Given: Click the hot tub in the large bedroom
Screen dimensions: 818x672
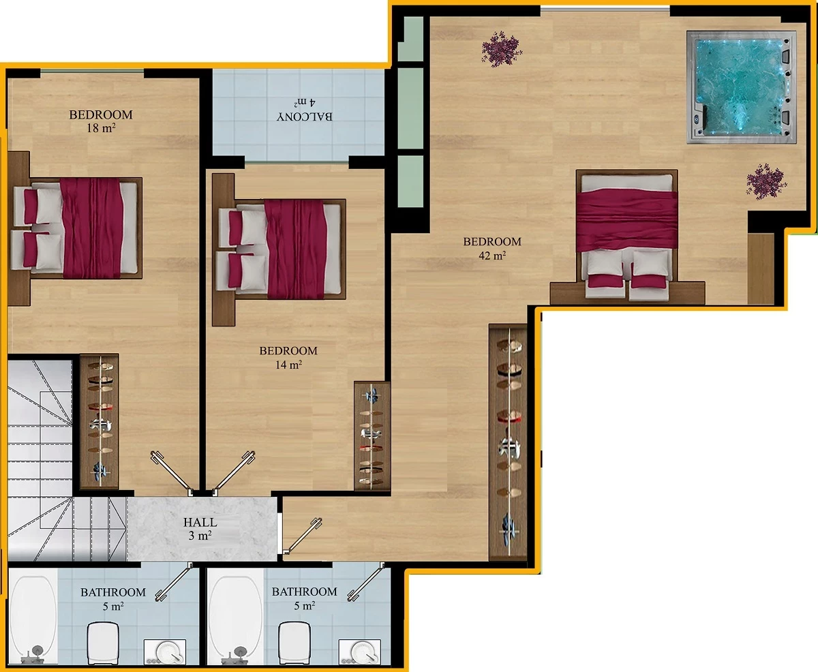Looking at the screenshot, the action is (x=741, y=87).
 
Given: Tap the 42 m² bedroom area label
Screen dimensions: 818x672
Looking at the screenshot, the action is (x=492, y=249).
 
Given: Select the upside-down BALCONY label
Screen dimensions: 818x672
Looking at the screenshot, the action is (x=305, y=117).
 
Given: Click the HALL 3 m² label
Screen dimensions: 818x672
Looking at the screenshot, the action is (x=200, y=529).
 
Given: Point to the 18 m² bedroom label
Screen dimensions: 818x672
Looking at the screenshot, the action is (x=101, y=121).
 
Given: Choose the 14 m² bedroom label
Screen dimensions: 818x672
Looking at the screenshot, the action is (x=288, y=358).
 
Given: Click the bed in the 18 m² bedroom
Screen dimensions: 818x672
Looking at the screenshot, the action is (x=76, y=228).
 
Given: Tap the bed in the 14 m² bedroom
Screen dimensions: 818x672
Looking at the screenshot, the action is (x=280, y=249).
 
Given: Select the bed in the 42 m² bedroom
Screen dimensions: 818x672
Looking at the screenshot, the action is (x=627, y=234).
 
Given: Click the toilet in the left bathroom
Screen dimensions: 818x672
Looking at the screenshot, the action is (x=103, y=643).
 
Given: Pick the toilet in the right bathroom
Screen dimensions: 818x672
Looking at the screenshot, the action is (x=294, y=643).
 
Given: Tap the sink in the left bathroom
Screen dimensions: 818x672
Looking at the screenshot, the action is (x=165, y=652).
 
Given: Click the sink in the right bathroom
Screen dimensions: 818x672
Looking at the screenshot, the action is (x=359, y=652).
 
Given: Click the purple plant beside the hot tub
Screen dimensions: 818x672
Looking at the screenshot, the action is (x=766, y=181).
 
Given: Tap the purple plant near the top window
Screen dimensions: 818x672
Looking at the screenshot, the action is (x=502, y=49).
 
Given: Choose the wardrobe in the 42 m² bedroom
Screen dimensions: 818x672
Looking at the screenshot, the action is (x=508, y=442).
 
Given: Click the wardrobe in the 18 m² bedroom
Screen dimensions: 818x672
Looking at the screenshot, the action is (x=100, y=421).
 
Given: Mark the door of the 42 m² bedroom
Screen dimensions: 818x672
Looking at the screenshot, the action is (x=303, y=536).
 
